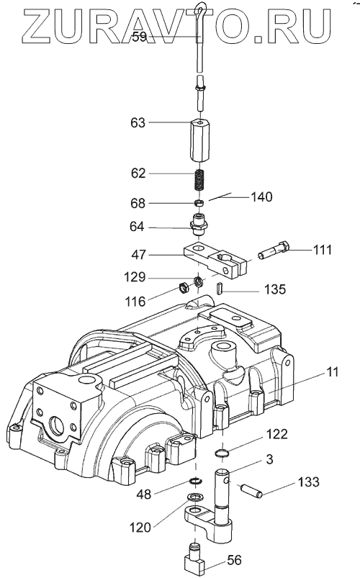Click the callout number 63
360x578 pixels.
[138, 122]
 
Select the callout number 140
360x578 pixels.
[262, 197]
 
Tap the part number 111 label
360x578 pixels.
[323, 250]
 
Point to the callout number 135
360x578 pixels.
[275, 289]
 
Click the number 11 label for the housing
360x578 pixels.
[333, 372]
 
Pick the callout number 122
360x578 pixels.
[277, 434]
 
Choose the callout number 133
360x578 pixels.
[308, 482]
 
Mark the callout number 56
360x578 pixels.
[234, 560]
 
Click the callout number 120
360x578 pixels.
[140, 528]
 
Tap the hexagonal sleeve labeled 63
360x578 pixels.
[199, 140]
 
